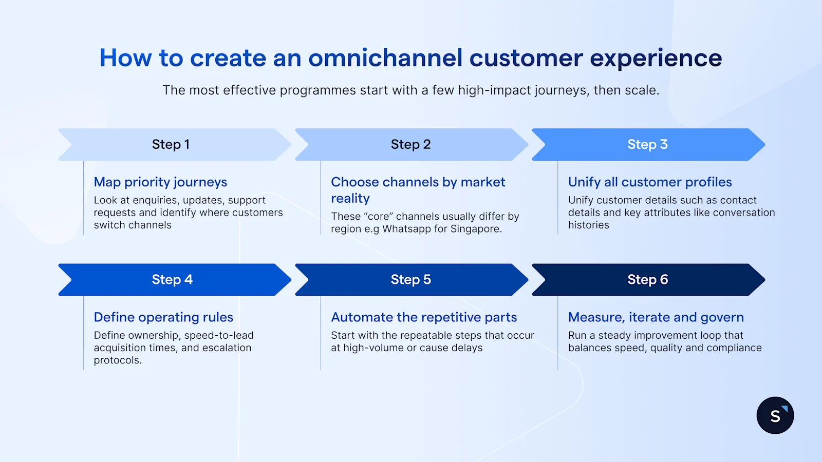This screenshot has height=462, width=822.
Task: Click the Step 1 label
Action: [171, 145]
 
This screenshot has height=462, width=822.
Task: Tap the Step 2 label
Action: [410, 145]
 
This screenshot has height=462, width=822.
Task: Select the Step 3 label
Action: [647, 145]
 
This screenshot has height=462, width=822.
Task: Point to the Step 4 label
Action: [172, 280]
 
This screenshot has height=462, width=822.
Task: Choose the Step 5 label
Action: [410, 280]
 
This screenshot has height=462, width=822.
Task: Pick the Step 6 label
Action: [647, 280]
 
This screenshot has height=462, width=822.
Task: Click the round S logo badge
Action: [775, 415]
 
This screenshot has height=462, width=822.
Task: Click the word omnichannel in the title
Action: [385, 58]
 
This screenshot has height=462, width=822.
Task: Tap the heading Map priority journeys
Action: [160, 182]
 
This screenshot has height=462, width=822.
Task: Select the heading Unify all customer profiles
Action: [650, 182]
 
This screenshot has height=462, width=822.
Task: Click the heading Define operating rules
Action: [163, 317]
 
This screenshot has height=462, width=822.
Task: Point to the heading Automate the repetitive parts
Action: [424, 317]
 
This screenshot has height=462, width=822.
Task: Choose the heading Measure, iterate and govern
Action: [656, 317]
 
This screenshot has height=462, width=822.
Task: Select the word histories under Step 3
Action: [588, 225]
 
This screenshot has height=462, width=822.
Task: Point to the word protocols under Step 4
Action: [117, 360]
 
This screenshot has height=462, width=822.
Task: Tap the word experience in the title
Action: [656, 58]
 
